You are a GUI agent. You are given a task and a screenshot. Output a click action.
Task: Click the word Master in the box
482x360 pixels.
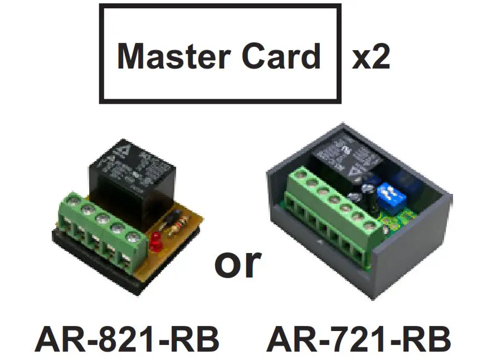(167, 56)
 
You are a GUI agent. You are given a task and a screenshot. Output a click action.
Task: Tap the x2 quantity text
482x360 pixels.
(371, 56)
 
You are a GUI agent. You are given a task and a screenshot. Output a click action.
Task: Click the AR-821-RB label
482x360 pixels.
(126, 339)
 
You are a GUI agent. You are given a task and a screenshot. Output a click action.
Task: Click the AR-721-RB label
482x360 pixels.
(358, 339)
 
